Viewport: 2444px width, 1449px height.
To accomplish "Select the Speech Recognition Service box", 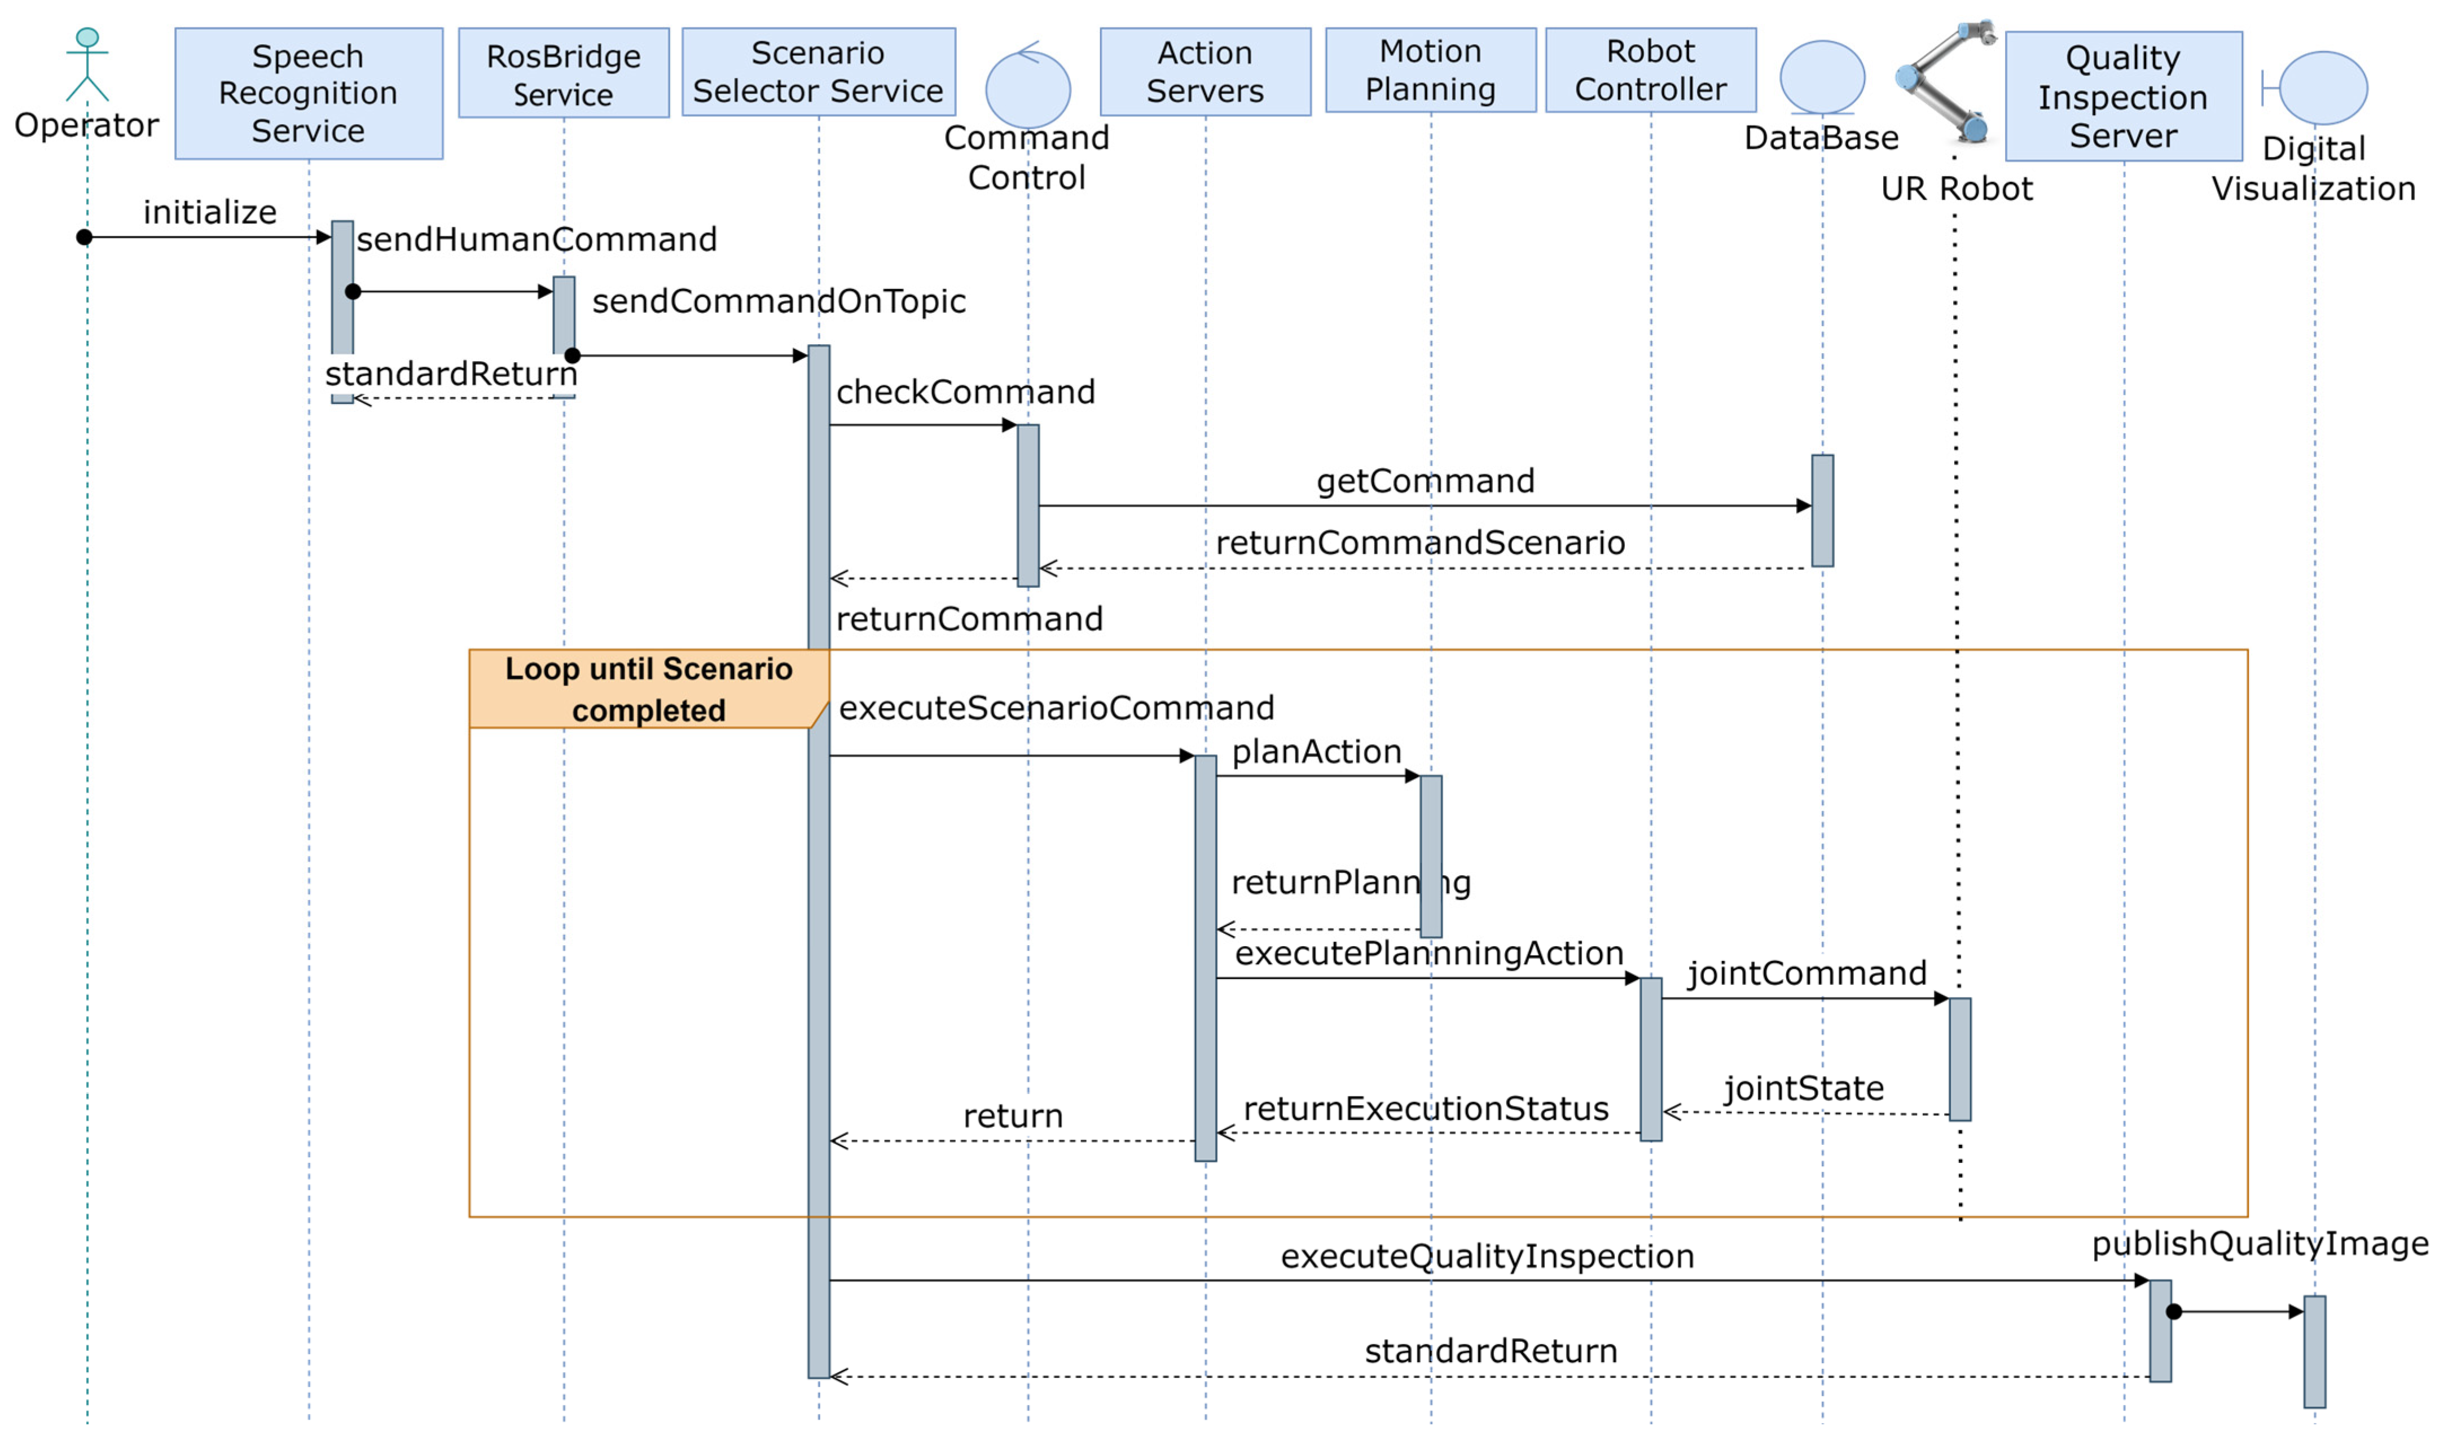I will [x=309, y=94].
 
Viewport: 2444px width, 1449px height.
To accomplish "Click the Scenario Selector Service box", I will [x=818, y=71].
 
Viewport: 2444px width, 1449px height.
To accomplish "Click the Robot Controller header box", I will [x=1650, y=71].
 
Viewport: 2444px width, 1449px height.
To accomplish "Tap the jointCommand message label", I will [x=1806, y=973].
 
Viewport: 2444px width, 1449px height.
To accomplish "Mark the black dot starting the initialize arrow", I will [x=85, y=238].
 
